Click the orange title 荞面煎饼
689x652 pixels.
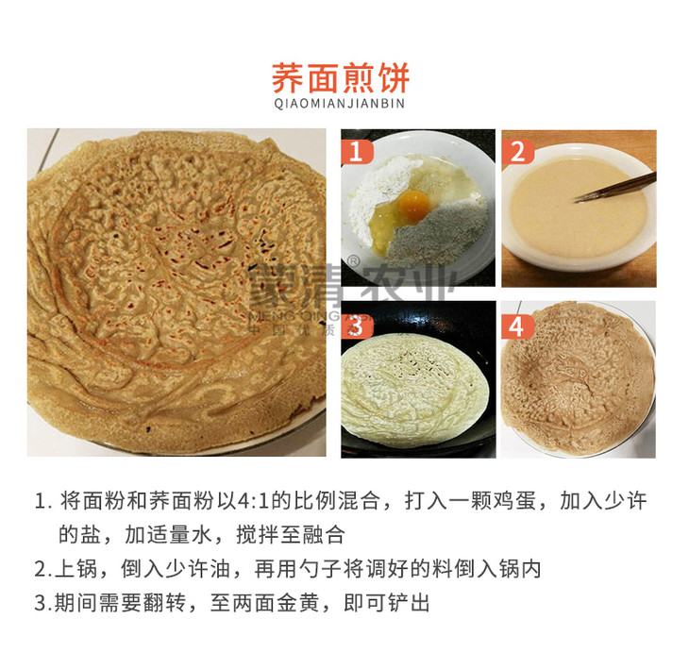(x=341, y=77)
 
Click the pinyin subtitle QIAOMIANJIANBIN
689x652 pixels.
(x=339, y=104)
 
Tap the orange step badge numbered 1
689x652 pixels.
(x=357, y=152)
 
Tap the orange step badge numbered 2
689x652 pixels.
(x=517, y=152)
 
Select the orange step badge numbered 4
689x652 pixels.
(x=517, y=326)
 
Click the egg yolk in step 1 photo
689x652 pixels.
(x=414, y=204)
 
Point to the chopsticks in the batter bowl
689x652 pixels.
(x=615, y=188)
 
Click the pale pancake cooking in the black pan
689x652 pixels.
(x=415, y=390)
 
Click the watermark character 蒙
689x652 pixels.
(x=274, y=286)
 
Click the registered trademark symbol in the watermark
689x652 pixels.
(x=353, y=261)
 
